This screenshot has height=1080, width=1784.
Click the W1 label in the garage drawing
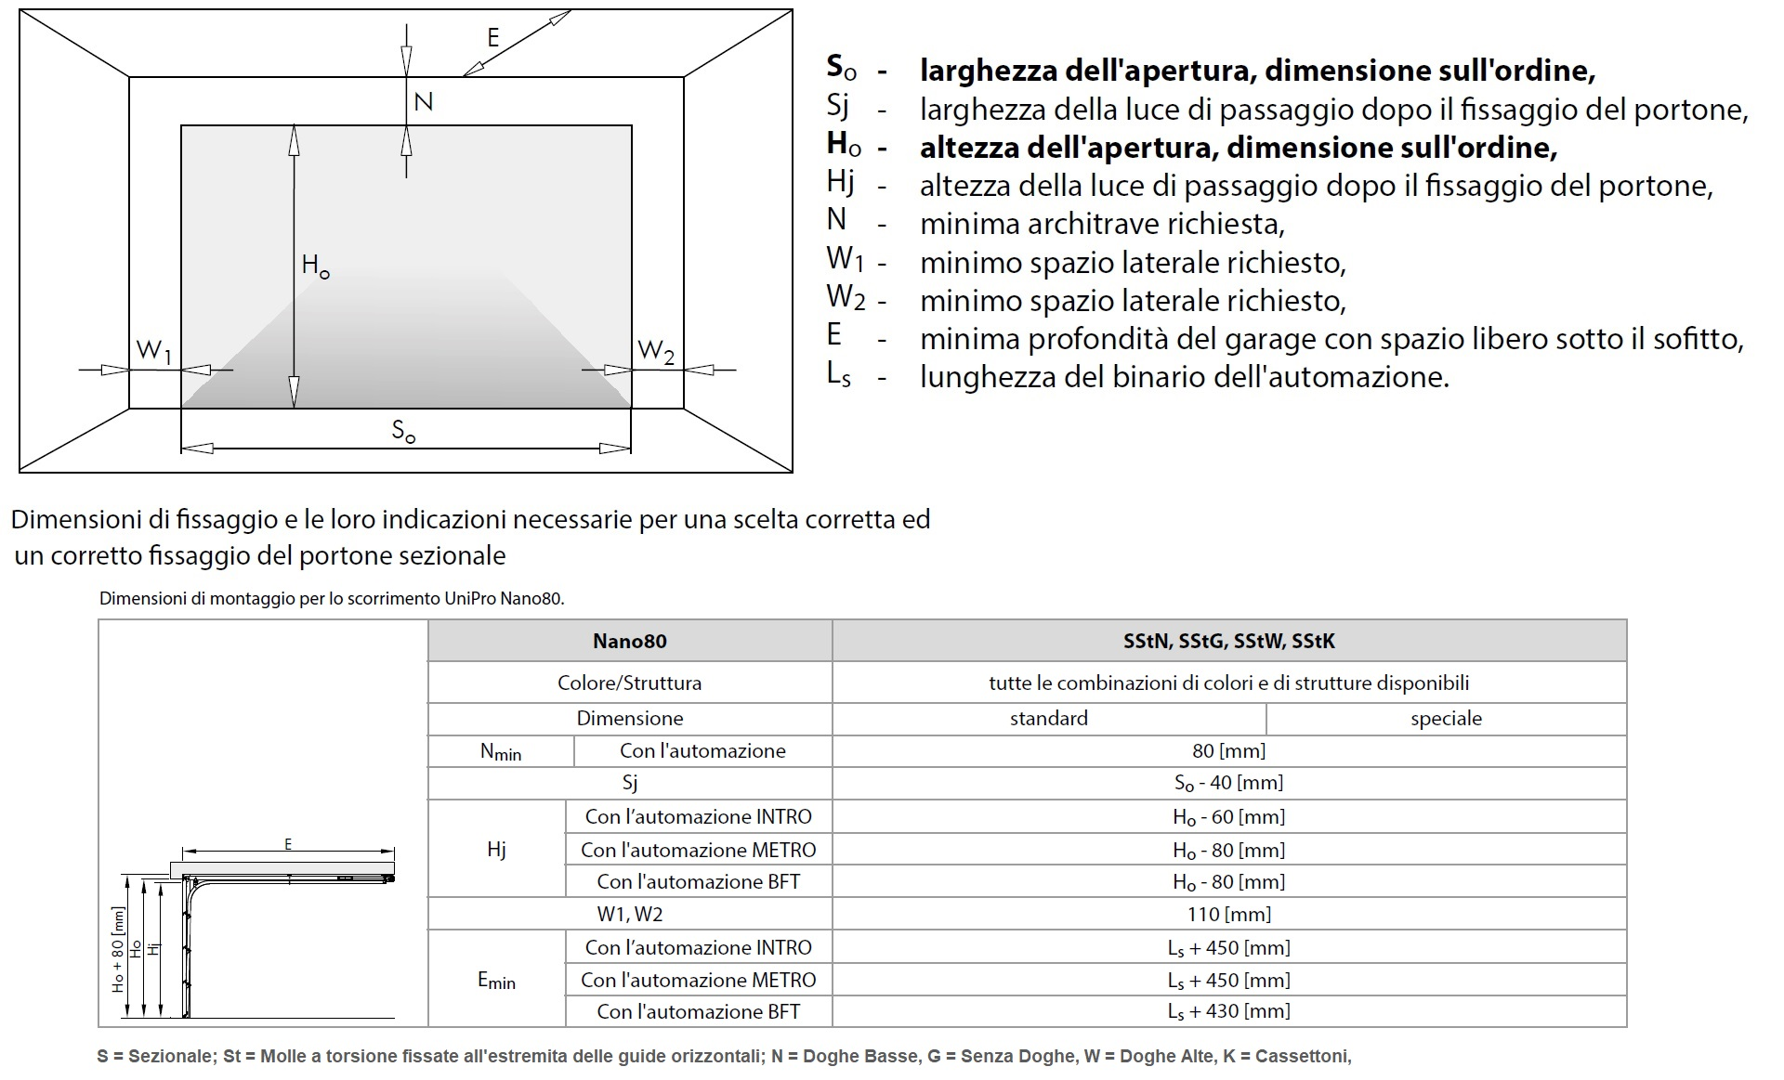(154, 351)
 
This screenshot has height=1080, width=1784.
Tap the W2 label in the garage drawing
(657, 351)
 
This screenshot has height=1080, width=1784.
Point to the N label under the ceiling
(423, 101)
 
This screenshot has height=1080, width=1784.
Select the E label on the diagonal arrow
(492, 37)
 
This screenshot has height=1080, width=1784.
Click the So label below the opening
(403, 431)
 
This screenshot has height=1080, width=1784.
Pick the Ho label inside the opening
(315, 266)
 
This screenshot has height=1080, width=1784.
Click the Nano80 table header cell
(629, 641)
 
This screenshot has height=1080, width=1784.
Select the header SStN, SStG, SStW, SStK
(1228, 641)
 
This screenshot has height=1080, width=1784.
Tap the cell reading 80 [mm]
(1228, 750)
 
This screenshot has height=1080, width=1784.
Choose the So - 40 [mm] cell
(1228, 783)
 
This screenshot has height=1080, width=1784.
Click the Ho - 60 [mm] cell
(1228, 817)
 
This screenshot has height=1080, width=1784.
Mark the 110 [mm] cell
(1228, 914)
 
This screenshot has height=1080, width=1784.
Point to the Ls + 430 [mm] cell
(1228, 1011)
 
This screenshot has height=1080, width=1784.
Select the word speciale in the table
(1446, 718)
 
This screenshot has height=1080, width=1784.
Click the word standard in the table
(1048, 718)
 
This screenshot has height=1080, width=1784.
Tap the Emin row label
(496, 980)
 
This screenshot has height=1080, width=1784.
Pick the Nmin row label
(500, 751)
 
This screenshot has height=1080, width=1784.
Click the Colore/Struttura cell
(629, 683)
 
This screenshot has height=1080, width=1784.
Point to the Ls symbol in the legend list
(838, 374)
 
